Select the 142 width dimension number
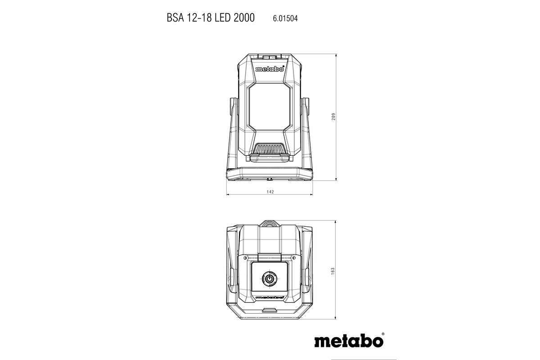click(270, 192)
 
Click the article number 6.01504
click(285, 18)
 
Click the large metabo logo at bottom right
click(349, 340)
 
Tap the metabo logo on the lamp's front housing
click(270, 69)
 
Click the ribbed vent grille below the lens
click(270, 148)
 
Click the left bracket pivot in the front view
click(233, 108)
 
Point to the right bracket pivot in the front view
click(307, 108)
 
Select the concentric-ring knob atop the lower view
click(270, 224)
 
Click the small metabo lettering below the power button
click(270, 297)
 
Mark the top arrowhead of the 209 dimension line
click(336, 55)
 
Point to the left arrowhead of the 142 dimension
click(227, 195)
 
